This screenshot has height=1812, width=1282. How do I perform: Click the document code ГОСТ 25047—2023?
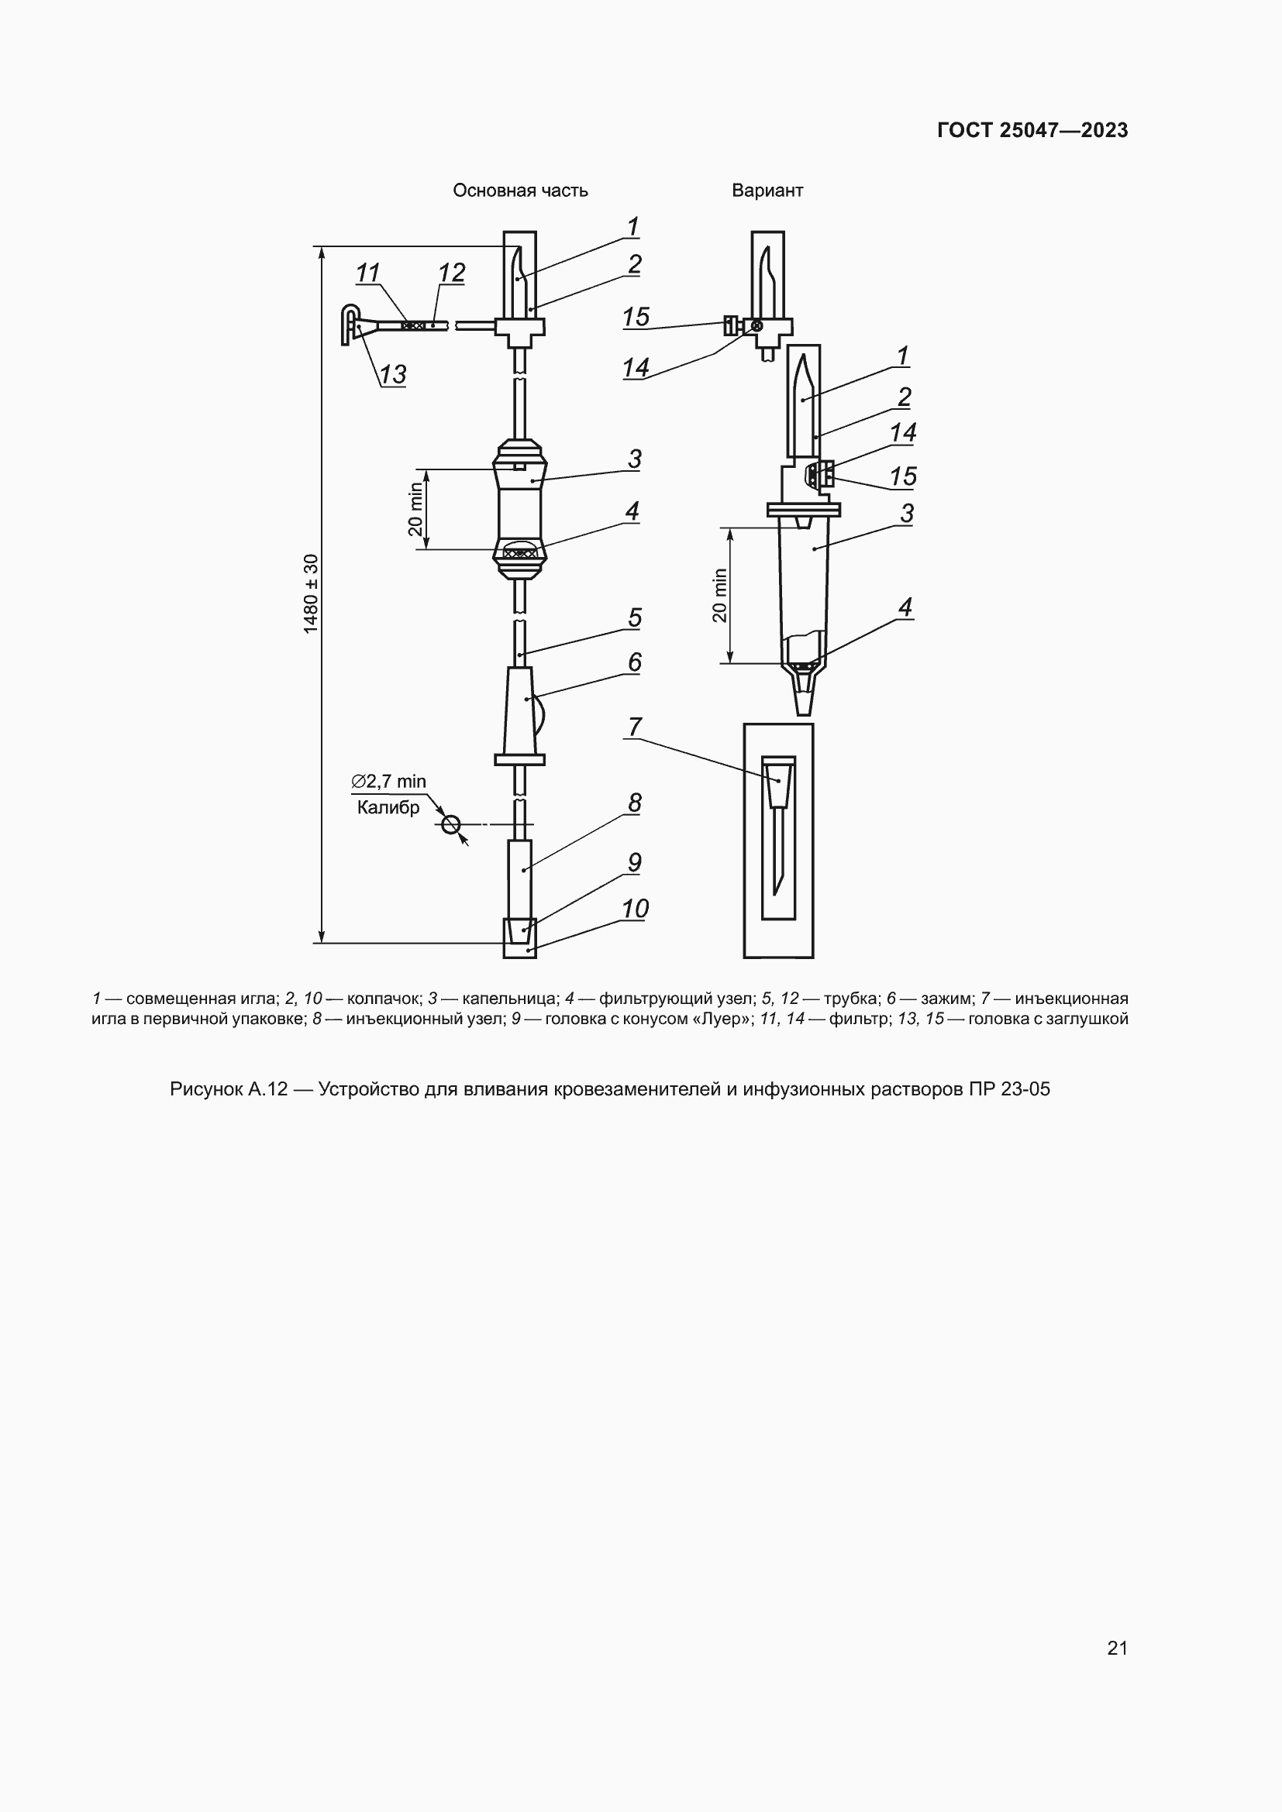click(1032, 130)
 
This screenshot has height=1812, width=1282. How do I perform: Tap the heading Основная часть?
click(520, 191)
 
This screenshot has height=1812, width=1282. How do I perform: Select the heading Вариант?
click(767, 191)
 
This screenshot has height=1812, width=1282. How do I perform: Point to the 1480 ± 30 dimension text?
click(311, 593)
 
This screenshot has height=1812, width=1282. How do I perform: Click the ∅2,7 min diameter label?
click(388, 782)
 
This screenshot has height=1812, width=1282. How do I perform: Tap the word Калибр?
click(388, 807)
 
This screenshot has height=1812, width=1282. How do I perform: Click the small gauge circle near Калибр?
click(451, 825)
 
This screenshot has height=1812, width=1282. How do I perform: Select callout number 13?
click(393, 374)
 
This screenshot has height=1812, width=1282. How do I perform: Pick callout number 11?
click(368, 273)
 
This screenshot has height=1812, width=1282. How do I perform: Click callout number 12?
click(452, 273)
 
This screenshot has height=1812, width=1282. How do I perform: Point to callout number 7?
click(635, 726)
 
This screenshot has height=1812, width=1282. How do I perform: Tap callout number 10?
click(635, 909)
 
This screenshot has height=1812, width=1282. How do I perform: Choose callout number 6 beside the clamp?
click(635, 662)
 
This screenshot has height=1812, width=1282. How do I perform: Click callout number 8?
click(635, 803)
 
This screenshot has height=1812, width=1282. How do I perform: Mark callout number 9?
click(635, 861)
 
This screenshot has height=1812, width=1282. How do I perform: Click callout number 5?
click(635, 617)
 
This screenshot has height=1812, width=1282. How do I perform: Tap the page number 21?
click(1118, 1648)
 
